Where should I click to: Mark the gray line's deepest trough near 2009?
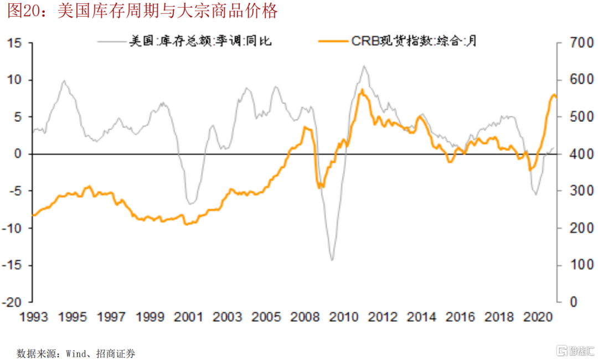[332, 260]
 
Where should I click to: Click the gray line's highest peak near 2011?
[364, 66]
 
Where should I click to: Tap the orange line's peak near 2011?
[362, 90]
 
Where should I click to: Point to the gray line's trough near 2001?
[190, 203]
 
